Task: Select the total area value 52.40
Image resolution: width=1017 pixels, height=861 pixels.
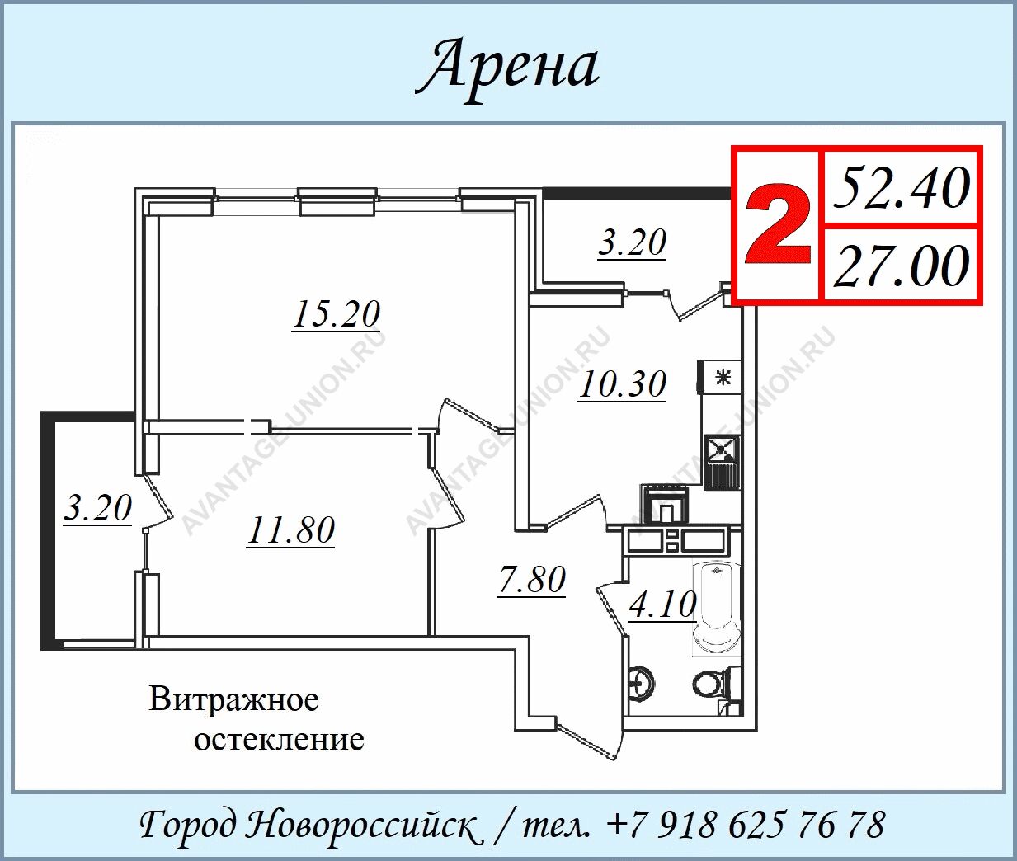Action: pyautogui.click(x=902, y=188)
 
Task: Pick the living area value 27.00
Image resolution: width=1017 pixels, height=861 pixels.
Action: pyautogui.click(x=902, y=266)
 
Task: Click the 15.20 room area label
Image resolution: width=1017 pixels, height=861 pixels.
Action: pyautogui.click(x=337, y=314)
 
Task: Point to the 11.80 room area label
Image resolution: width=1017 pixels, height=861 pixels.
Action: pyautogui.click(x=291, y=530)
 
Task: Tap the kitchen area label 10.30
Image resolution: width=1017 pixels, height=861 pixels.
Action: pyautogui.click(x=623, y=384)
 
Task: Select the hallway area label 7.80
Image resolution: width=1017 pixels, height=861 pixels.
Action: pyautogui.click(x=531, y=580)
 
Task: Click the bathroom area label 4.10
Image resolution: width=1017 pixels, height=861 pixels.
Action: pyautogui.click(x=663, y=605)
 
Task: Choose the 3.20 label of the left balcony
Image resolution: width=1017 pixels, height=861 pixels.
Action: pyautogui.click(x=98, y=508)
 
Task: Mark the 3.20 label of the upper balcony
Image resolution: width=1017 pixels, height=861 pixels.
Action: pyautogui.click(x=633, y=242)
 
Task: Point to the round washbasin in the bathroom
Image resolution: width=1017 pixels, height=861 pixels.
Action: pyautogui.click(x=642, y=682)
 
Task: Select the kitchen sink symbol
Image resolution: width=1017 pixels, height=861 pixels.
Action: pyautogui.click(x=722, y=449)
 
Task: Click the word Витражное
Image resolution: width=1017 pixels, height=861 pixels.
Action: pyautogui.click(x=233, y=699)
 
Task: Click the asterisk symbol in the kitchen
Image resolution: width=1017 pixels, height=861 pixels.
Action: pyautogui.click(x=723, y=378)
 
